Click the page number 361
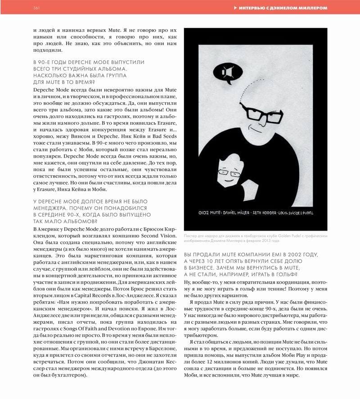37,8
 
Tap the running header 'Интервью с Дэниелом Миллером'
283,8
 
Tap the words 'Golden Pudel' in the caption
284,236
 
